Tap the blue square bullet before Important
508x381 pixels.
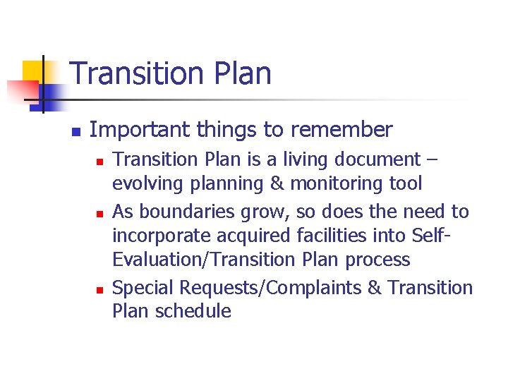click(75, 132)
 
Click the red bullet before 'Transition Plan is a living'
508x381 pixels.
click(99, 162)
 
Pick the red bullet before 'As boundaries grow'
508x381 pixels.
click(99, 213)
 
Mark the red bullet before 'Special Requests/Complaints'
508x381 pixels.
click(99, 289)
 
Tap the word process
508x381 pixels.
click(377, 260)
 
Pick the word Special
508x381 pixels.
click(144, 287)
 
